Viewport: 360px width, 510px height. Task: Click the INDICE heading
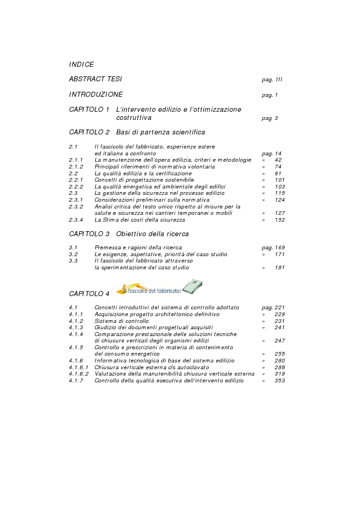pos(81,64)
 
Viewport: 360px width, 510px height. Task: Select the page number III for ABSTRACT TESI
pos(278,79)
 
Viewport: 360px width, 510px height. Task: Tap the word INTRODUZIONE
pos(96,95)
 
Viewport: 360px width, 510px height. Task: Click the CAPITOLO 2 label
pos(89,132)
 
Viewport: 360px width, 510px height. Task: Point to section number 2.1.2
pos(76,167)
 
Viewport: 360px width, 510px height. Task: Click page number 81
pos(278,173)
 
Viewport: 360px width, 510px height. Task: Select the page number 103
pos(280,187)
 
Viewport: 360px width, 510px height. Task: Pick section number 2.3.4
pos(76,220)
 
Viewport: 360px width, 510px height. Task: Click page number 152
pos(280,220)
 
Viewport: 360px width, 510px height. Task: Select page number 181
pos(280,267)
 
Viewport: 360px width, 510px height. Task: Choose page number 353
pos(280,381)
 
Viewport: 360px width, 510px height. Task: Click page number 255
pos(280,354)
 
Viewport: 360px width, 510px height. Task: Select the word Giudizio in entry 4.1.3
pos(105,327)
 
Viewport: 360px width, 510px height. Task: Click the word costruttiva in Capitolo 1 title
pos(134,118)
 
